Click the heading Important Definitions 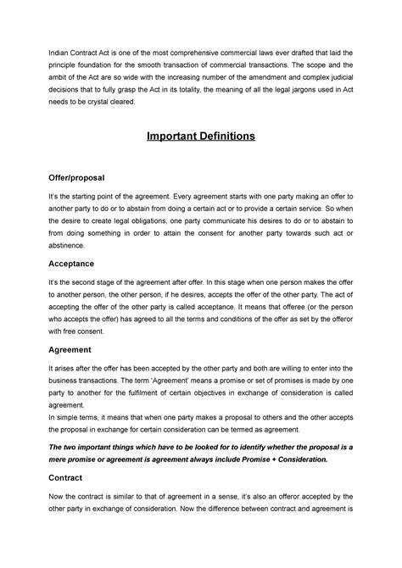tap(201, 136)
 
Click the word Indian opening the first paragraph tap(64, 51)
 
